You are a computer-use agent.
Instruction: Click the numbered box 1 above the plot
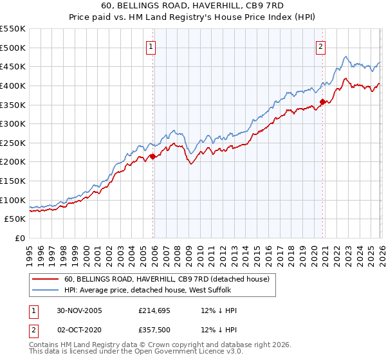pyautogui.click(x=151, y=46)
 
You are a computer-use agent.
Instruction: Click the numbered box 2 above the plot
pyautogui.click(x=320, y=46)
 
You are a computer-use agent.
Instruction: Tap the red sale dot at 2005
pyautogui.click(x=152, y=156)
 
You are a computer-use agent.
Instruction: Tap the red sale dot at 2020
pyautogui.click(x=322, y=102)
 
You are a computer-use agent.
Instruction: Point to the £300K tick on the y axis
pyautogui.click(x=13, y=123)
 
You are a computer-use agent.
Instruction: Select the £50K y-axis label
pyautogui.click(x=15, y=219)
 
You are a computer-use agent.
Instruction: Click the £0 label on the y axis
pyautogui.click(x=21, y=238)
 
